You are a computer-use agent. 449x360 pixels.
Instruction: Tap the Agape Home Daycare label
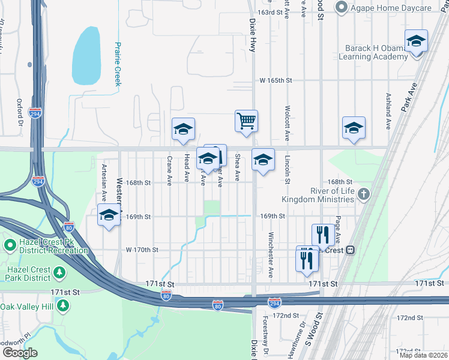391,8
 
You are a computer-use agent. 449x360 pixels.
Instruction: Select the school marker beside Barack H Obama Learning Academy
416,41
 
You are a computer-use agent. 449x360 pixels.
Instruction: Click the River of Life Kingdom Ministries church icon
363,194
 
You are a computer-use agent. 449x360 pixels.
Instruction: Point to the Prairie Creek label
118,64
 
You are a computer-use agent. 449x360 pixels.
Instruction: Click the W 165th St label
276,80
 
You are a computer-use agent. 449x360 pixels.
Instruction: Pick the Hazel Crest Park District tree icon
59,274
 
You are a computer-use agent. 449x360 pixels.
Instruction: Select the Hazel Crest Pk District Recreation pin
10,245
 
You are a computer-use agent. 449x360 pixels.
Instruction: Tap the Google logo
20,353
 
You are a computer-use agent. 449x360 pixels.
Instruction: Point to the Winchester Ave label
271,254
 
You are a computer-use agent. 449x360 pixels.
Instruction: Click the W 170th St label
142,250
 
